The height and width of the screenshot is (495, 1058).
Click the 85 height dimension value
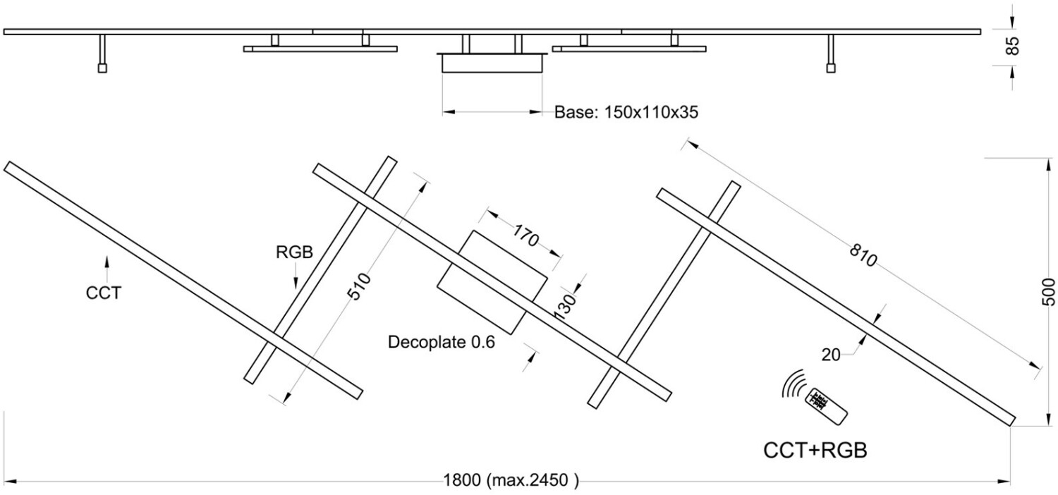click(x=1012, y=46)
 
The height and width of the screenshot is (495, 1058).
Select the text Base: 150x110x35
click(x=626, y=112)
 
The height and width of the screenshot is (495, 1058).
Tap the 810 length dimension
click(x=863, y=255)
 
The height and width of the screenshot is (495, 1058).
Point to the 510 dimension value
click(x=360, y=286)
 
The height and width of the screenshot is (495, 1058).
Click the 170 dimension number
click(x=525, y=236)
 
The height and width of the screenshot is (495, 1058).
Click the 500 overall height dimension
click(x=1047, y=292)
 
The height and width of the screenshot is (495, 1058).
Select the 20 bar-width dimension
click(x=831, y=355)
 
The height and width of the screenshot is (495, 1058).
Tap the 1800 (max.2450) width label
click(x=511, y=480)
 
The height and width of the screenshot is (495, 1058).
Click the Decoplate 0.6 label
click(x=441, y=342)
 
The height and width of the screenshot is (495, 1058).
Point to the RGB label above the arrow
click(x=294, y=252)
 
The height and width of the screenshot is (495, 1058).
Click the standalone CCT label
click(x=104, y=293)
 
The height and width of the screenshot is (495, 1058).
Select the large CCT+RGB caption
click(x=815, y=451)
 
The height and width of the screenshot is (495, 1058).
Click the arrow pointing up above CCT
click(x=107, y=269)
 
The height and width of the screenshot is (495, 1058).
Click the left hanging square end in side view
click(x=102, y=68)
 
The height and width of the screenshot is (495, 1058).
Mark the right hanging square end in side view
click(x=831, y=68)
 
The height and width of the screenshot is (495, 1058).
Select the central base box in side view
click(x=492, y=63)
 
